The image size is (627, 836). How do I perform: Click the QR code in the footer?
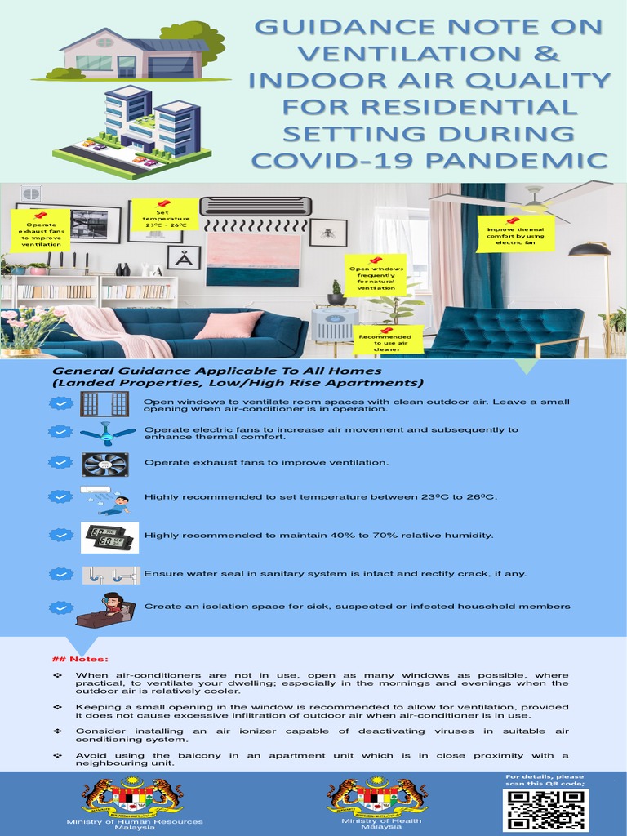point(545,810)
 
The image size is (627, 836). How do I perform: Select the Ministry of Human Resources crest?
point(132,798)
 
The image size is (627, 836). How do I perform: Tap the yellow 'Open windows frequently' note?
point(376,275)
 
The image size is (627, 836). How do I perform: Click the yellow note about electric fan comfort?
point(515,233)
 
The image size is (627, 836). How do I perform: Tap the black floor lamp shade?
point(589,250)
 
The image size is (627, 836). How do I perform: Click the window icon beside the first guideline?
point(104,403)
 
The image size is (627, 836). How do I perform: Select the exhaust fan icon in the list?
point(104,464)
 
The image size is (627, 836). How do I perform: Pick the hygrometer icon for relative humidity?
point(109,536)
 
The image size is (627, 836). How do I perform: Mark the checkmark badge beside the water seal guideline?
point(61,574)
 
